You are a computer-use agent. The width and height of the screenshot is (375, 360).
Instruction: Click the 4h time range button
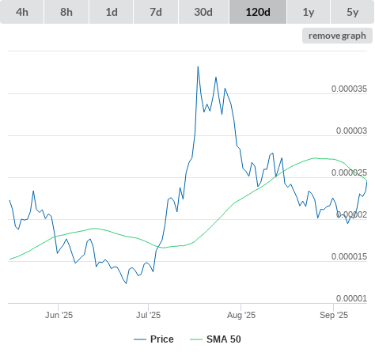(x=22, y=12)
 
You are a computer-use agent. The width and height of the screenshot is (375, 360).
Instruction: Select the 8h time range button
(x=66, y=12)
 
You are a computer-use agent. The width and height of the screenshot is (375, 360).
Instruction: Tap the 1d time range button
(x=112, y=12)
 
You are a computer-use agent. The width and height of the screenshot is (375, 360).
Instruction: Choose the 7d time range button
(x=156, y=12)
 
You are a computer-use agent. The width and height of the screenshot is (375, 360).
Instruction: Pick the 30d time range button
(x=203, y=12)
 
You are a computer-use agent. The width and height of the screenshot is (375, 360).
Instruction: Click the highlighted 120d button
(x=258, y=12)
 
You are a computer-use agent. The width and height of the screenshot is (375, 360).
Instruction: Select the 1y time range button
(x=309, y=12)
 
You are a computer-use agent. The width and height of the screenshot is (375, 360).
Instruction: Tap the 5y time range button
(x=353, y=12)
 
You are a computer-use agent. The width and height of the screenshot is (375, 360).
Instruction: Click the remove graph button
(x=337, y=36)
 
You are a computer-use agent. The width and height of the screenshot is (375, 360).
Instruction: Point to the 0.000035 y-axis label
(x=349, y=89)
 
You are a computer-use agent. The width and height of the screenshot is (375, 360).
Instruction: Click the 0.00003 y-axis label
(x=351, y=131)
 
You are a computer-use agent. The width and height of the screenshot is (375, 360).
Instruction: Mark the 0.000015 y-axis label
(x=349, y=256)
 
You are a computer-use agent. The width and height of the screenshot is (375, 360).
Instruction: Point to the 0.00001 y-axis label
(x=351, y=298)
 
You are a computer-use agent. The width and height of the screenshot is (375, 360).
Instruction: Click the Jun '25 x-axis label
(x=59, y=315)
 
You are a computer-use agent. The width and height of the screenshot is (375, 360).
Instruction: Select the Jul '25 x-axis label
(x=148, y=315)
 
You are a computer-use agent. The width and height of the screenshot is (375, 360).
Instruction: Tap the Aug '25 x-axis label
(x=241, y=315)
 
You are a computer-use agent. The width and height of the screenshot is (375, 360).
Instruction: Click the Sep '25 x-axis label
(x=334, y=315)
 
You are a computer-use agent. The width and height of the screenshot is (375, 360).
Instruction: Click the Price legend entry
(x=153, y=339)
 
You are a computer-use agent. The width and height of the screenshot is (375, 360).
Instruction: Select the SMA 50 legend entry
(x=215, y=339)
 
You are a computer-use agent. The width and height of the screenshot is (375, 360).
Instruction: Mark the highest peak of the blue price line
(x=198, y=66)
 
